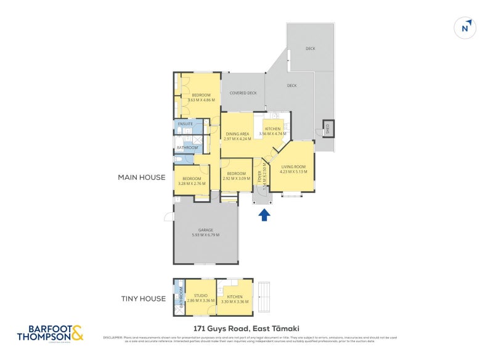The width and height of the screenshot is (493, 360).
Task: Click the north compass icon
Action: [465, 28]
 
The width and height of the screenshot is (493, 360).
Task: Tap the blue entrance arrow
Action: [264, 215]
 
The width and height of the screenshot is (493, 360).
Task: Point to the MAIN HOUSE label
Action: [142, 178]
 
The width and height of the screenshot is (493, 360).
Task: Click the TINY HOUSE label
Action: [143, 299]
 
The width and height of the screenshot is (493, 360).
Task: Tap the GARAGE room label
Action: [205, 230]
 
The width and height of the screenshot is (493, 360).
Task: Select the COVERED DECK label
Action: [243, 93]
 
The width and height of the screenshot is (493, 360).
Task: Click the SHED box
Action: [328, 128]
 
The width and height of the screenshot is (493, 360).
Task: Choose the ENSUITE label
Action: [185, 124]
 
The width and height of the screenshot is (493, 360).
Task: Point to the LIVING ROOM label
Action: [293, 167]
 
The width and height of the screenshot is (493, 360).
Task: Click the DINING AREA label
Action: [237, 134]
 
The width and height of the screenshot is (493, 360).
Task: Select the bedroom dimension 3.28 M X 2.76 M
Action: [191, 183]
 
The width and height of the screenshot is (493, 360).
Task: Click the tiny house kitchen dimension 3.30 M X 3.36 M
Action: [234, 302]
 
